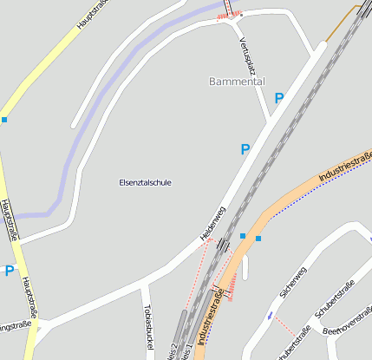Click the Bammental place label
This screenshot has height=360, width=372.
(237, 81)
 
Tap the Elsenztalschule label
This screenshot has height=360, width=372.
(145, 183)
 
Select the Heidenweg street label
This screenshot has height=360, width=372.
(212, 223)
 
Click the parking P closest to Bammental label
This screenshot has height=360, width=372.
(278, 99)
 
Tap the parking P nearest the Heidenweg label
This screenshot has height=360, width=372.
(245, 150)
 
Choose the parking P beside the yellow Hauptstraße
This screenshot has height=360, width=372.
(9, 271)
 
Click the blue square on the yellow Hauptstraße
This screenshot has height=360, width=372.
(3, 120)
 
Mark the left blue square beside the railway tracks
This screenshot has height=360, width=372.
(243, 236)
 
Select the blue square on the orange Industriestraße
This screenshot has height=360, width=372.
(258, 238)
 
